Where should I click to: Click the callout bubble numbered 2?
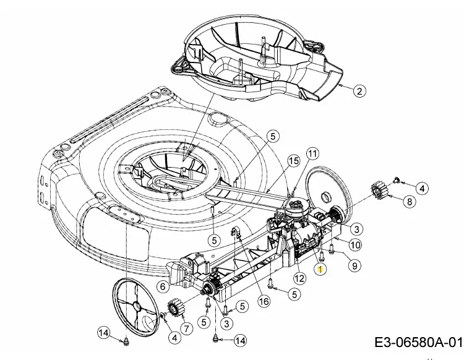[361, 92]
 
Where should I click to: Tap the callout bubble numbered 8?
[409, 201]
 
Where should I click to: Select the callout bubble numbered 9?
[355, 265]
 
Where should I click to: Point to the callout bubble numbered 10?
[355, 245]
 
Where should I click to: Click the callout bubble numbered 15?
[293, 161]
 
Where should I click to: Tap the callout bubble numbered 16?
[264, 302]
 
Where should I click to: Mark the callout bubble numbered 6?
[163, 286]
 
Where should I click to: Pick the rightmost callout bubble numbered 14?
[240, 340]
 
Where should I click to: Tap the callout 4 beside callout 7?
[174, 337]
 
